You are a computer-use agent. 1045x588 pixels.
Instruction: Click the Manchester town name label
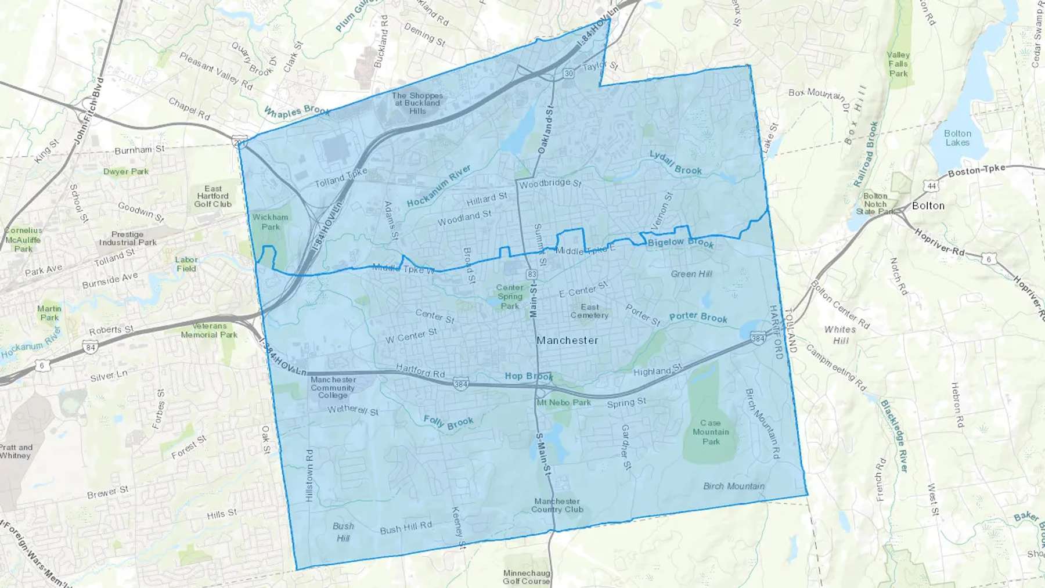[x=567, y=340]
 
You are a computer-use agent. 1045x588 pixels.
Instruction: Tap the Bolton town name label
[x=928, y=205]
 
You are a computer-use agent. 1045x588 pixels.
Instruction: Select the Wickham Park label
[x=270, y=222]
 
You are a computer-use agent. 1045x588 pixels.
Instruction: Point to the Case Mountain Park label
[x=711, y=432]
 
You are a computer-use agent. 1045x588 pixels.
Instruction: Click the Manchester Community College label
[x=333, y=387]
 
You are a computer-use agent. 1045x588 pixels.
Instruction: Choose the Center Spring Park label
[x=510, y=297]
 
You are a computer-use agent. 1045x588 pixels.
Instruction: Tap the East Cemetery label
[x=589, y=311]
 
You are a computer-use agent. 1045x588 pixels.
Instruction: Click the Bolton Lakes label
[x=957, y=138]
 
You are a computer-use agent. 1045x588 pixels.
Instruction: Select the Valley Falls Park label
[x=898, y=64]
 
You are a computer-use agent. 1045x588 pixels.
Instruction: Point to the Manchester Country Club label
[x=557, y=505]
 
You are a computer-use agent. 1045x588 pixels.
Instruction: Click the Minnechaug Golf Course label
[x=526, y=577]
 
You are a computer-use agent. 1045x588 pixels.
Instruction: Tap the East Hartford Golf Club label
[x=213, y=196]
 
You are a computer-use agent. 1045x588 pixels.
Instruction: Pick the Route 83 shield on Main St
[x=532, y=273]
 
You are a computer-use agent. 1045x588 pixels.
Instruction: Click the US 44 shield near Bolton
[x=932, y=186]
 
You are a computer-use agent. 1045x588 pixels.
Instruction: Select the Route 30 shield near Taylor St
[x=568, y=73]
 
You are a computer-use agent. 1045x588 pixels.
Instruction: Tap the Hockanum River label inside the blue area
[x=439, y=186]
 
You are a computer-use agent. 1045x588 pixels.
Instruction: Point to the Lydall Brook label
[x=675, y=163]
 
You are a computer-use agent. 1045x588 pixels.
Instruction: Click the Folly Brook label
[x=448, y=422]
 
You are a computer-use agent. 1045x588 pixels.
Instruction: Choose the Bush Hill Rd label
[x=406, y=528]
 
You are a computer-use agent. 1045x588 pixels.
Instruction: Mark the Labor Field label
[x=186, y=264]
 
